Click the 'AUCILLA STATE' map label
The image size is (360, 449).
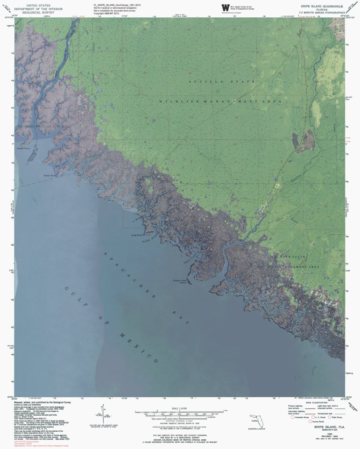click(x=222, y=82)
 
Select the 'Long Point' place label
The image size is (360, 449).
click(x=140, y=234)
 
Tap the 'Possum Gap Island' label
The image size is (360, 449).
click(x=178, y=281)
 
